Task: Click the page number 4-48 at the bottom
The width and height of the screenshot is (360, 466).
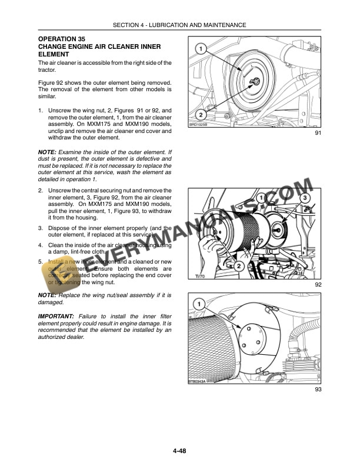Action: click(x=179, y=451)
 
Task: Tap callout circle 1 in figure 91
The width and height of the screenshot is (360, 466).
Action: click(x=201, y=48)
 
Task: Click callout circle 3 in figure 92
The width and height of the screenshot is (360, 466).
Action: click(x=305, y=198)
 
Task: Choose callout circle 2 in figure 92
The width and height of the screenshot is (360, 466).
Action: click(x=239, y=266)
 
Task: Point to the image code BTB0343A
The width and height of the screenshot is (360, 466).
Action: click(x=199, y=381)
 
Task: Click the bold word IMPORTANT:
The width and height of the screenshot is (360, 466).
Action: click(x=59, y=316)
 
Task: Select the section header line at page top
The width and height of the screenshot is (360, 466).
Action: click(x=180, y=25)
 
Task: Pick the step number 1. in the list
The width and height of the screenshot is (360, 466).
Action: click(x=41, y=110)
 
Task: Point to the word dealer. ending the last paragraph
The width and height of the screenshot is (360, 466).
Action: click(x=75, y=337)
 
